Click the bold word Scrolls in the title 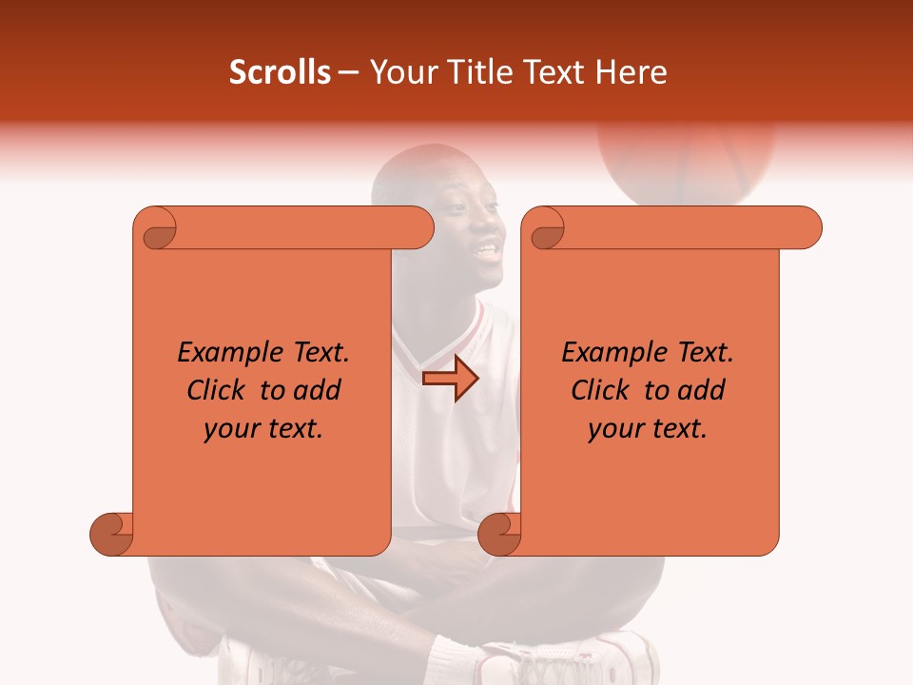tap(280, 72)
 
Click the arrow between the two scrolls tap(450, 379)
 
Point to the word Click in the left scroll tap(220, 390)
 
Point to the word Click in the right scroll tap(604, 390)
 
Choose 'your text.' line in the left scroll tap(263, 429)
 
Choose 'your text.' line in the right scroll tap(648, 429)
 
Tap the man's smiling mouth tap(487, 251)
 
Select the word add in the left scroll tap(319, 390)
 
